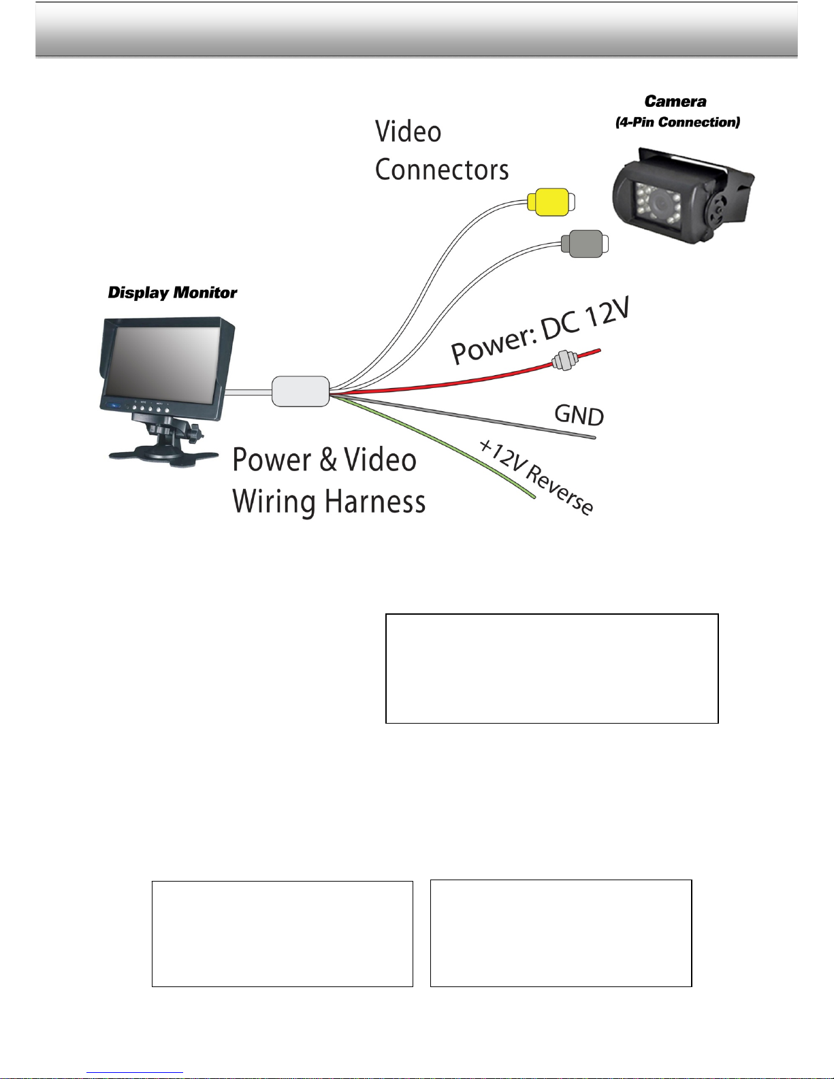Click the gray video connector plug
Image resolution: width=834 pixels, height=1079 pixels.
point(583,244)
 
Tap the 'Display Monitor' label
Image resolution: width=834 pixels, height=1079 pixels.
point(172,293)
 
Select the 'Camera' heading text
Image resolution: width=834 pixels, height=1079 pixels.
point(675,102)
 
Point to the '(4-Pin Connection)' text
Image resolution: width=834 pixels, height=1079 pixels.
point(677,123)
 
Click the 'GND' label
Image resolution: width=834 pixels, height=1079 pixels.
point(579,415)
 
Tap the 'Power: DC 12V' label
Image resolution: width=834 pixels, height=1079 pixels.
point(541,332)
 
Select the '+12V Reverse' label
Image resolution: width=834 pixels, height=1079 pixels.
point(536,476)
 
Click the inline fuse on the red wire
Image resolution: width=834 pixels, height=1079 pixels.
point(563,359)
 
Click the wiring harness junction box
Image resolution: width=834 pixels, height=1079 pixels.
point(300,391)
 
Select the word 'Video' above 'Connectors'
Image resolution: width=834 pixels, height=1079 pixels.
point(408,132)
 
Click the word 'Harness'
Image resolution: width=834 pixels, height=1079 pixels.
point(375,502)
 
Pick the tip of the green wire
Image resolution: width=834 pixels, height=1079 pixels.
point(533,497)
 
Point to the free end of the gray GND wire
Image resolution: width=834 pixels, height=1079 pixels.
point(594,437)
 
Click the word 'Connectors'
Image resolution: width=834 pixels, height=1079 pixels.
point(442,170)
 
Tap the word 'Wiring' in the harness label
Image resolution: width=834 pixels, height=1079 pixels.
point(274,502)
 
